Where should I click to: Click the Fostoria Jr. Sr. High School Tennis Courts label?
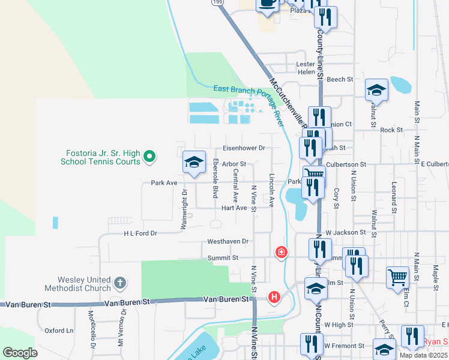[x=101, y=157]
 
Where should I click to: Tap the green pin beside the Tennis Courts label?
[x=150, y=158]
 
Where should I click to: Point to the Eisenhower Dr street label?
[x=244, y=148]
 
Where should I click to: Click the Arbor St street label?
[x=234, y=164]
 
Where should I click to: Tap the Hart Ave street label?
[x=234, y=208]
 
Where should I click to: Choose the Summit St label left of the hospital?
[x=223, y=257]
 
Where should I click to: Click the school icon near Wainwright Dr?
[x=194, y=162]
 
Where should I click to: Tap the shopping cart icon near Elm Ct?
[x=397, y=278]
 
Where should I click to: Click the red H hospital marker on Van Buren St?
[x=274, y=296]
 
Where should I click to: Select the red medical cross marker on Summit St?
[x=280, y=252]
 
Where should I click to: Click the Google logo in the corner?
[x=20, y=353]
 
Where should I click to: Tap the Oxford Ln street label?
[x=59, y=331]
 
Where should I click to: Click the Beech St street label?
[x=340, y=79]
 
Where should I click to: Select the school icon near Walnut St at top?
[x=376, y=90]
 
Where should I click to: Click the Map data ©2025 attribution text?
[x=423, y=355]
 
